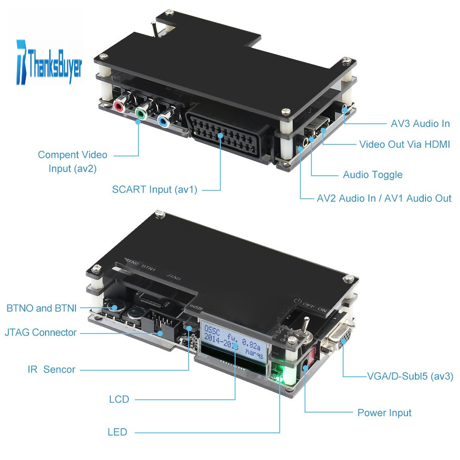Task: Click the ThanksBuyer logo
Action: click(x=49, y=63)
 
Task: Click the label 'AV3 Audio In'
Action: click(x=420, y=123)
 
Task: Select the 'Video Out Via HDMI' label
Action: click(x=404, y=144)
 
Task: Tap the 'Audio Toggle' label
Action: click(x=373, y=175)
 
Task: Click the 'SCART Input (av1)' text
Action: click(x=155, y=190)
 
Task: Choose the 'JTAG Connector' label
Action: click(x=40, y=333)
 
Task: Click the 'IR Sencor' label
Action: click(x=52, y=369)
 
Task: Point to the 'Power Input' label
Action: click(x=384, y=413)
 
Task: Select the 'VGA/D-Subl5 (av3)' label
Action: click(x=410, y=376)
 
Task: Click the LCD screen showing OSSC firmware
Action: click(x=234, y=342)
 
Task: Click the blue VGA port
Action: click(x=340, y=333)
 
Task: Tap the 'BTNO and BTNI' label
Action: click(x=41, y=308)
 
